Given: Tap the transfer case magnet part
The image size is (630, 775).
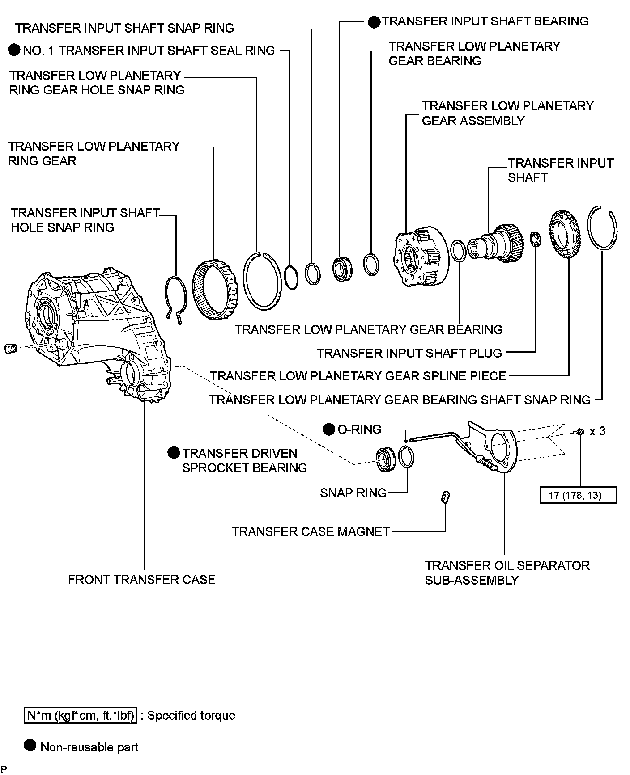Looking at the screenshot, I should pyautogui.click(x=446, y=497).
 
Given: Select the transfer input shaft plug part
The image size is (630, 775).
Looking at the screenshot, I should pyautogui.click(x=534, y=239).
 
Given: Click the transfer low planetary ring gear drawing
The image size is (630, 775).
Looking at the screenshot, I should pyautogui.click(x=215, y=290).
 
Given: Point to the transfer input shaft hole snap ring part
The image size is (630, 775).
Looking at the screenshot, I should pyautogui.click(x=174, y=298).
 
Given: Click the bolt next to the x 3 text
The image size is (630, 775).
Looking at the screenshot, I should pyautogui.click(x=579, y=432).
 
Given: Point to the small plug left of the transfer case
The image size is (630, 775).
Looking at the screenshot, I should pyautogui.click(x=10, y=348).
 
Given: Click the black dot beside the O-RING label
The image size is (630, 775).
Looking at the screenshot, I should pyautogui.click(x=329, y=430).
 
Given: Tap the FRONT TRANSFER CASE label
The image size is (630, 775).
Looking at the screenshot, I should pyautogui.click(x=141, y=580).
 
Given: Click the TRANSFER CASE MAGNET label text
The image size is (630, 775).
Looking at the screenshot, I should pyautogui.click(x=311, y=531).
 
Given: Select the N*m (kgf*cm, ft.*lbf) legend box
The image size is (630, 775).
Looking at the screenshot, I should pyautogui.click(x=81, y=716).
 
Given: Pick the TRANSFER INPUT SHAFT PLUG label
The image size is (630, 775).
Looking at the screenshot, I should pyautogui.click(x=409, y=353).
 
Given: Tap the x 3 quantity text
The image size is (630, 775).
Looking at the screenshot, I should pyautogui.click(x=597, y=431).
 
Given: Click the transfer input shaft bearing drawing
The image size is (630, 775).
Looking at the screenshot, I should pyautogui.click(x=342, y=268).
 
